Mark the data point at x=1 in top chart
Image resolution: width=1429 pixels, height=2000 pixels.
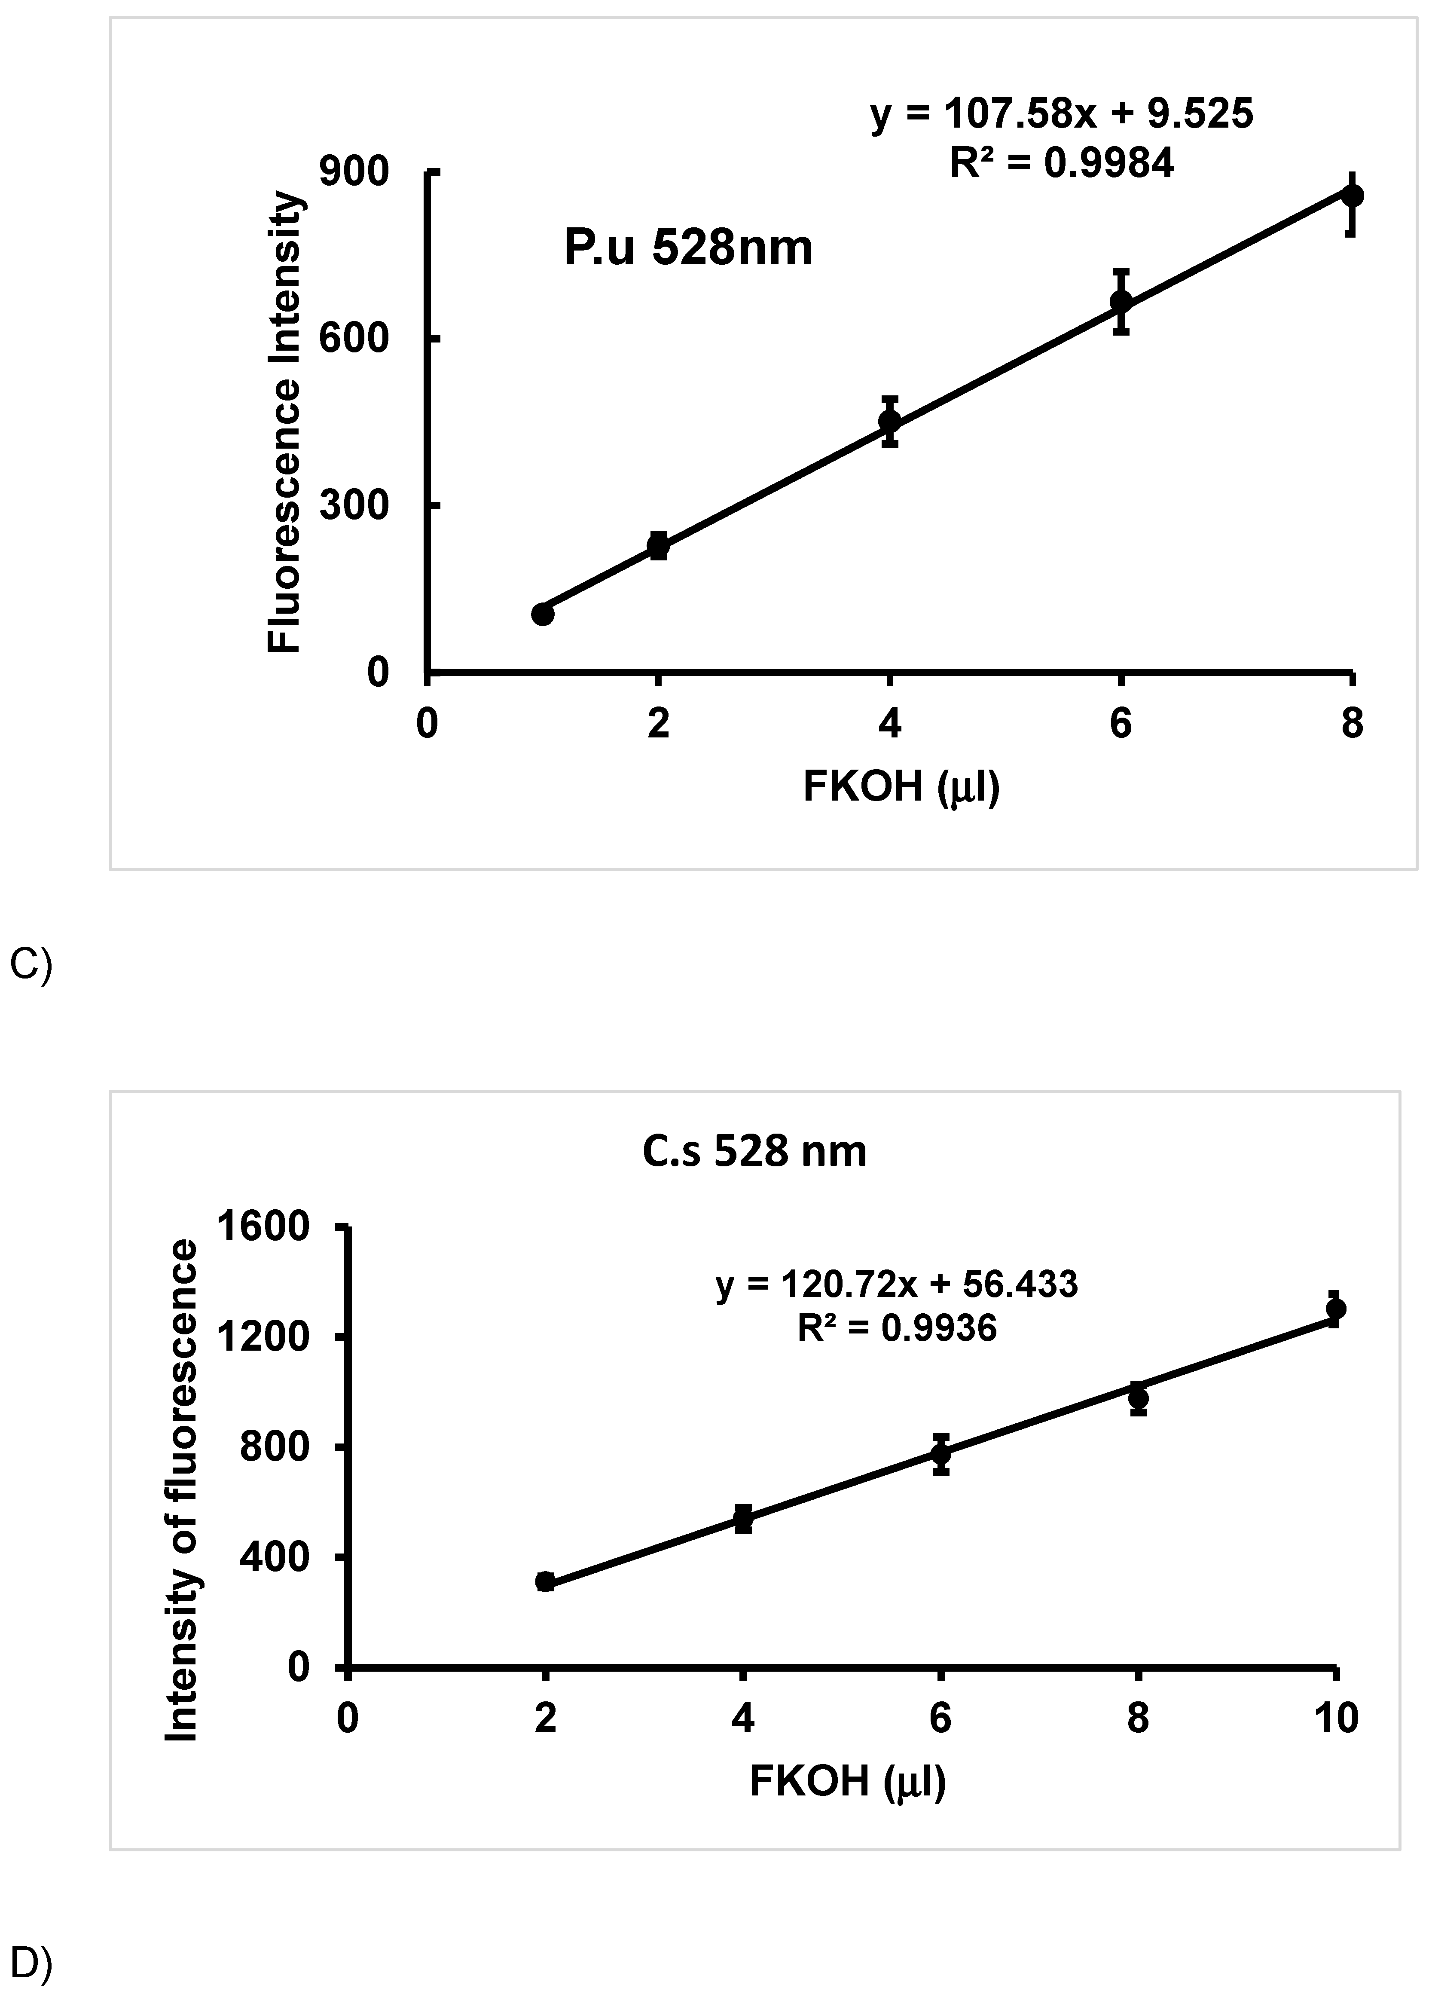click(543, 613)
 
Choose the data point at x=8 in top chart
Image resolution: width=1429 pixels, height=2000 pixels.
click(1353, 196)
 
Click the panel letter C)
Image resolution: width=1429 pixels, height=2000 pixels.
click(31, 965)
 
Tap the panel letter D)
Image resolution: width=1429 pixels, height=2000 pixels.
click(31, 1963)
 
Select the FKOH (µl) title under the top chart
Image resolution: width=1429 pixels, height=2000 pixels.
click(901, 786)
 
